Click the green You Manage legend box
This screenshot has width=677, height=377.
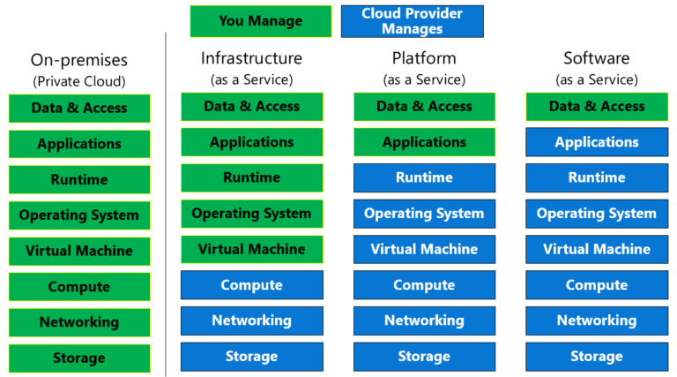[x=260, y=21]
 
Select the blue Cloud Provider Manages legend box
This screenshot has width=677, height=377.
[x=412, y=21]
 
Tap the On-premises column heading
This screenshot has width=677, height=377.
[x=79, y=60]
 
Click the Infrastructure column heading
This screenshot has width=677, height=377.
[x=251, y=58]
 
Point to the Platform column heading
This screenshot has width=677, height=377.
[x=424, y=58]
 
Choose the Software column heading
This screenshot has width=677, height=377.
[x=597, y=58]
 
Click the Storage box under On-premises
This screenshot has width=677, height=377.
[x=79, y=358]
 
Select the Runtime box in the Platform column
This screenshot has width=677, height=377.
[x=424, y=177]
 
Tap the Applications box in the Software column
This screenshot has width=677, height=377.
[x=597, y=142]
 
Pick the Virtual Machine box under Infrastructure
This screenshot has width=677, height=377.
[x=251, y=249]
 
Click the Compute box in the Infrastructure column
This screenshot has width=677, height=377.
[x=251, y=285]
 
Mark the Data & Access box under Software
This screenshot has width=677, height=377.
[x=597, y=106]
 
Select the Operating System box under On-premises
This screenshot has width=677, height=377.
[x=79, y=215]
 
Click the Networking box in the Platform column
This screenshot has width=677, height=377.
[x=424, y=320]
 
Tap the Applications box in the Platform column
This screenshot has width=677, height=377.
[x=424, y=142]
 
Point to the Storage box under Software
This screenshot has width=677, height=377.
[x=597, y=357]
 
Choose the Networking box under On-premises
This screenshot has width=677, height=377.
[x=79, y=322]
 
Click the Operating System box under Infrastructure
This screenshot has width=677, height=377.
[x=251, y=214]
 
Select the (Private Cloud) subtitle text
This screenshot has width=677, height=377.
[x=79, y=81]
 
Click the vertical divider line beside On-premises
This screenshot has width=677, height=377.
[x=166, y=203]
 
